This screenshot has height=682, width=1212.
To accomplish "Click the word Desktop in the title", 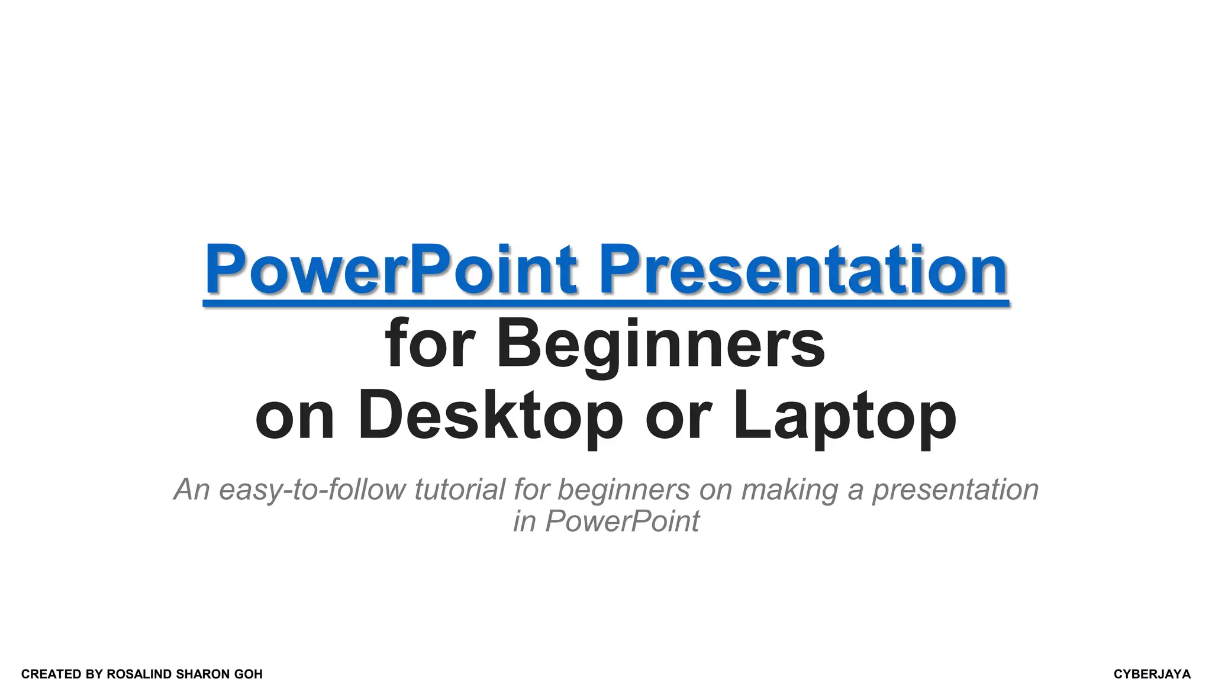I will pos(490,416).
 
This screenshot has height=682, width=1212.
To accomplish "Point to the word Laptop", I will pos(844,416).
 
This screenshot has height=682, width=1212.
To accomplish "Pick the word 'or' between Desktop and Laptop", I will pos(678,416).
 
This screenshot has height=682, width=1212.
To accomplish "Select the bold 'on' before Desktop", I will pos(295,416).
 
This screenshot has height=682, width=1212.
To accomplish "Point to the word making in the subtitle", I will pos(789,490).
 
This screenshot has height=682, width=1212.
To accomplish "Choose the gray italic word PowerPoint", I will pos(622,522).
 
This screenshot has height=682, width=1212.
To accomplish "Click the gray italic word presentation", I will pos(955,490).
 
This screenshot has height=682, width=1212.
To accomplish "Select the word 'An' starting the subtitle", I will pos(192,490).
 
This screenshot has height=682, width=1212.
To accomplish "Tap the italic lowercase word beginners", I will pos(624,490).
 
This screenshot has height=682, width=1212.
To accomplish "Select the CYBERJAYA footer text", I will pos(1152,674).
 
